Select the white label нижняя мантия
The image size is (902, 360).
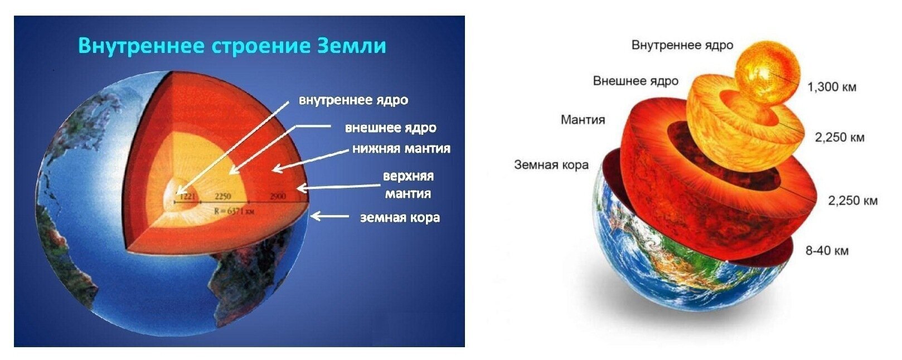(401, 149)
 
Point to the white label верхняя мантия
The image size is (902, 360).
(408, 184)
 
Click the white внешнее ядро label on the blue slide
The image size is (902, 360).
(390, 128)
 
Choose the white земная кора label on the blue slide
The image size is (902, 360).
(400, 217)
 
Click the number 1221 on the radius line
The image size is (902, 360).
(187, 196)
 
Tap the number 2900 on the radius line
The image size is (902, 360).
(277, 196)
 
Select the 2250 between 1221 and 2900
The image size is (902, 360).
(223, 196)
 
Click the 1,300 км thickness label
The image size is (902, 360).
(832, 87)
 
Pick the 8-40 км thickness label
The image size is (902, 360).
(827, 251)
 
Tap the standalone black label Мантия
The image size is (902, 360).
(583, 119)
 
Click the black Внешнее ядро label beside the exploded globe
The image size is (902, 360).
(636, 81)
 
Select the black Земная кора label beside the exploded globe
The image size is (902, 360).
(551, 165)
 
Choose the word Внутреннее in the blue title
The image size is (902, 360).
(142, 46)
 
